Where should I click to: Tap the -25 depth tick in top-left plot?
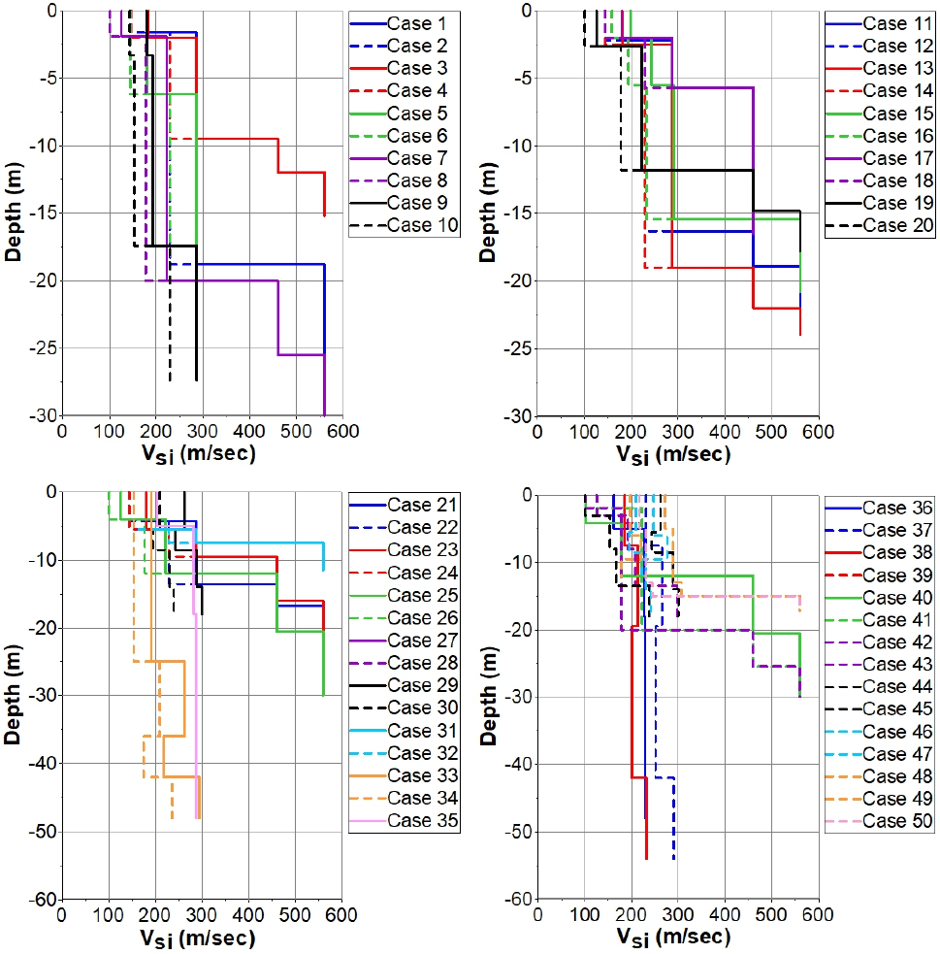tap(43, 348)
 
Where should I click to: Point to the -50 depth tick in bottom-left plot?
tap(43, 832)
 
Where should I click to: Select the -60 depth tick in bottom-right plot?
tap(517, 900)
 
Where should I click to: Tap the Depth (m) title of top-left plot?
tap(15, 213)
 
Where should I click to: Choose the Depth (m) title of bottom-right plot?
tap(488, 696)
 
